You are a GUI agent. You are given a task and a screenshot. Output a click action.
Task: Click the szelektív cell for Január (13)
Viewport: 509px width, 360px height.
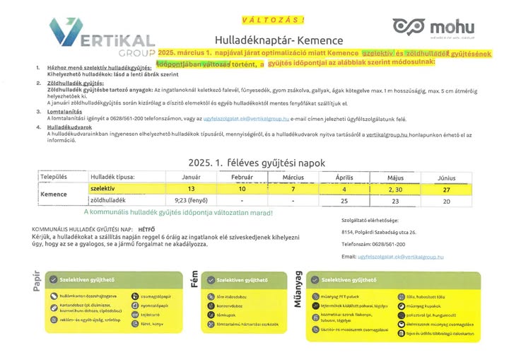(x=192, y=189)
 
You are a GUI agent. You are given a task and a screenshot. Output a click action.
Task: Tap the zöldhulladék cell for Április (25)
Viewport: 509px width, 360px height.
(x=344, y=201)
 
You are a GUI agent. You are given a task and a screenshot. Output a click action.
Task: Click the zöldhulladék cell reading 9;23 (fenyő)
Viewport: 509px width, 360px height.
(x=192, y=201)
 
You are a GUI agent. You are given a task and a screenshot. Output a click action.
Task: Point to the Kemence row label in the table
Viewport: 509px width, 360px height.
(x=54, y=194)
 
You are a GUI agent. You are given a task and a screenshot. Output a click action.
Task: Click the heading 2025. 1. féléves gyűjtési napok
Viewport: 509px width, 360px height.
(x=256, y=163)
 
